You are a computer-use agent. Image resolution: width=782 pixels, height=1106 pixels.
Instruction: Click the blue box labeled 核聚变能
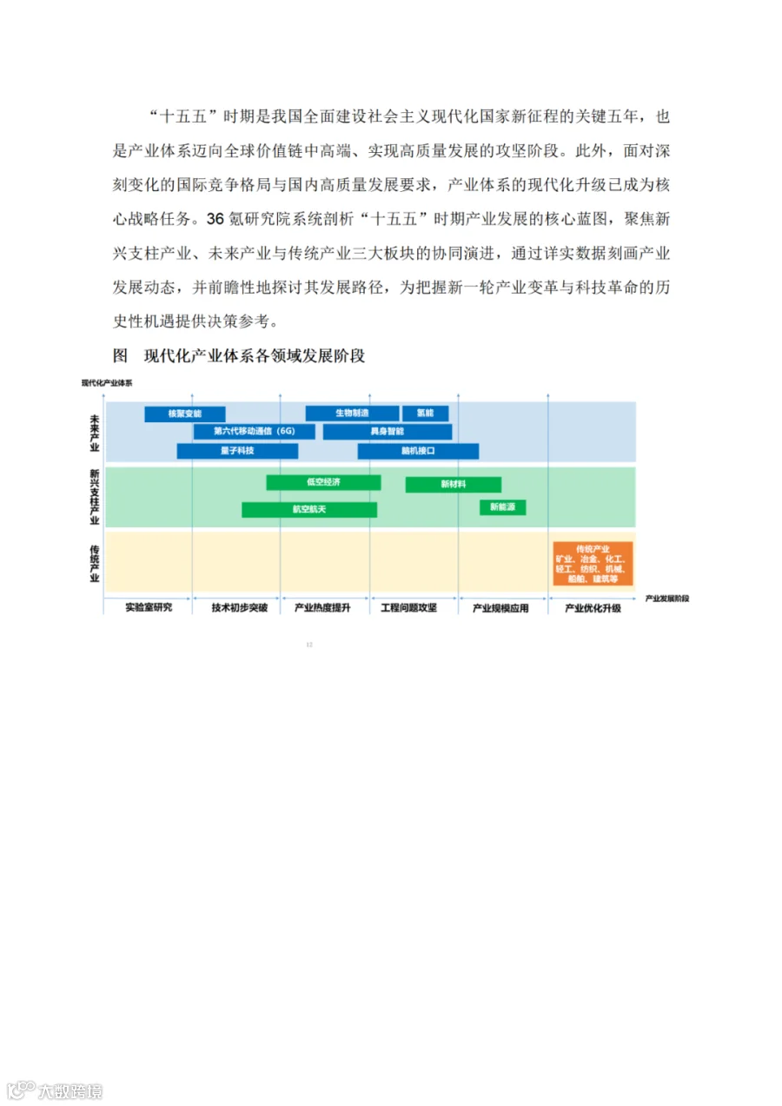[x=184, y=414]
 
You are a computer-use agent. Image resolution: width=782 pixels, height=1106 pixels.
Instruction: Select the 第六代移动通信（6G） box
[x=254, y=432]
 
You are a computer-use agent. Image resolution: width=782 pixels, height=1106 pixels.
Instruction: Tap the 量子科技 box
[x=237, y=451]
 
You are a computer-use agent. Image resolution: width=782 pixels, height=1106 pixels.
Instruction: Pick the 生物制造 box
[x=352, y=414]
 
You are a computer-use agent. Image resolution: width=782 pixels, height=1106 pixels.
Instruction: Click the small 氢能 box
[x=425, y=414]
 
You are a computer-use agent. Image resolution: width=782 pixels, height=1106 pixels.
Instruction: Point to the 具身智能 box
[x=387, y=432]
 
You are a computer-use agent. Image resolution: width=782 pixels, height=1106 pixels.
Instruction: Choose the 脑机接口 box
[x=418, y=451]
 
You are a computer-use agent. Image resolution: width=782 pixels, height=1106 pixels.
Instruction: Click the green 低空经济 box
[x=323, y=482]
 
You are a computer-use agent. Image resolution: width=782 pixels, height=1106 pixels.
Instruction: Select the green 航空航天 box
[x=309, y=509]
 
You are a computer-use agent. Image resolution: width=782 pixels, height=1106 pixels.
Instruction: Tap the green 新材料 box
[x=453, y=485]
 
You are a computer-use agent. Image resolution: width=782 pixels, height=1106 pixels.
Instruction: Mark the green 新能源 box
[x=502, y=507]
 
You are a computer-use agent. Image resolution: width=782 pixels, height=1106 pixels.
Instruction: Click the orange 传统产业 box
[x=593, y=563]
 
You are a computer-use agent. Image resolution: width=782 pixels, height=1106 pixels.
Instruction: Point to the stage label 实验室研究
[x=148, y=608]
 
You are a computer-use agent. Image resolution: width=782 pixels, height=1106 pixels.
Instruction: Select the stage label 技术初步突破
[x=236, y=608]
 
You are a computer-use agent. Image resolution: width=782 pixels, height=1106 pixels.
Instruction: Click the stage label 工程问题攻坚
[x=408, y=608]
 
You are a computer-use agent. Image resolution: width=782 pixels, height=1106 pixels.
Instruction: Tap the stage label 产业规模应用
[x=500, y=608]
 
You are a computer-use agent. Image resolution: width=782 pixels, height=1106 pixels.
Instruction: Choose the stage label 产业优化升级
[x=593, y=608]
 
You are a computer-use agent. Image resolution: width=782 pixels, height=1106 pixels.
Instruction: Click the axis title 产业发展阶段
[x=667, y=599]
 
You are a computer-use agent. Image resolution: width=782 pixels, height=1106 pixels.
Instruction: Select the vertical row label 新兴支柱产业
[x=94, y=497]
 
